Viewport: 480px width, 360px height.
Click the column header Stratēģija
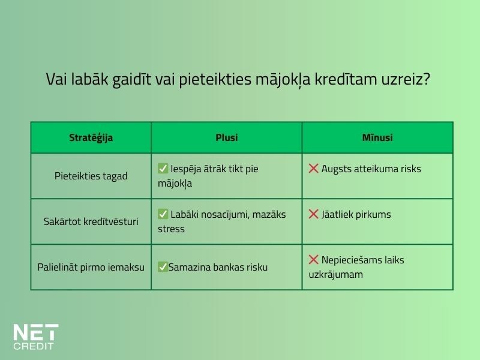91,137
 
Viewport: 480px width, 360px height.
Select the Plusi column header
226,137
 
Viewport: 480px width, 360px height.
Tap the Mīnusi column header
377,137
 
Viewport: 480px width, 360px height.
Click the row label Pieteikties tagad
91,176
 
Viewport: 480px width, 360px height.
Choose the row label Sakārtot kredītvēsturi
91,221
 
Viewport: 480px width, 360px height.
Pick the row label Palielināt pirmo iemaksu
91,267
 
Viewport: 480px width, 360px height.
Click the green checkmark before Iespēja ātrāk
163,169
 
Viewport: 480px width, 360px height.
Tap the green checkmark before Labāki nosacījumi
163,214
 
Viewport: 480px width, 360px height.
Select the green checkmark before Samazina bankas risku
163,267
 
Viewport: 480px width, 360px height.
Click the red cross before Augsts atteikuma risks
313,169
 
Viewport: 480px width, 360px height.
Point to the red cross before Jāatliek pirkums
313,214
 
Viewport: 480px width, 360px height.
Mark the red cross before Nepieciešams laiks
313,260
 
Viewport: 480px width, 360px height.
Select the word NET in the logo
35,332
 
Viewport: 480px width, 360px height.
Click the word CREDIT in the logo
34,346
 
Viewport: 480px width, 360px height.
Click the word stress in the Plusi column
171,229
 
